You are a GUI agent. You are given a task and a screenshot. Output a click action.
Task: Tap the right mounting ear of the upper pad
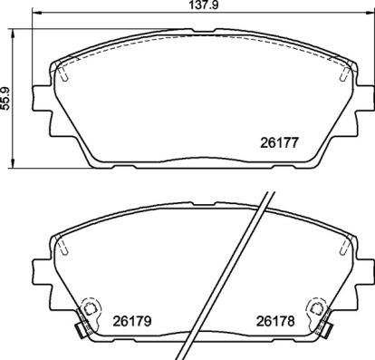click(x=365, y=96)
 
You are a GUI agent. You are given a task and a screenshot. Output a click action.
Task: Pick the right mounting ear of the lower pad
click(x=365, y=270)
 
